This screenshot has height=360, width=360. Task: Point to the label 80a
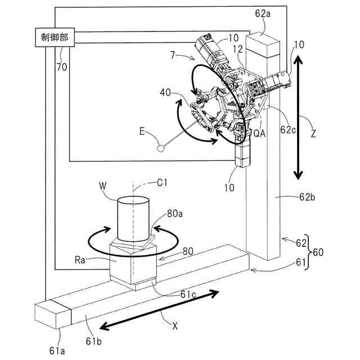tap(175, 214)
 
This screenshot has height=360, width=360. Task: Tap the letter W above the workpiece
tap(102, 184)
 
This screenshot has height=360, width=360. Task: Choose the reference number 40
tap(165, 92)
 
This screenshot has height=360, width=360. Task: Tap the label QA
tap(259, 133)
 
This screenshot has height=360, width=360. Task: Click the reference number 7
tap(173, 55)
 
